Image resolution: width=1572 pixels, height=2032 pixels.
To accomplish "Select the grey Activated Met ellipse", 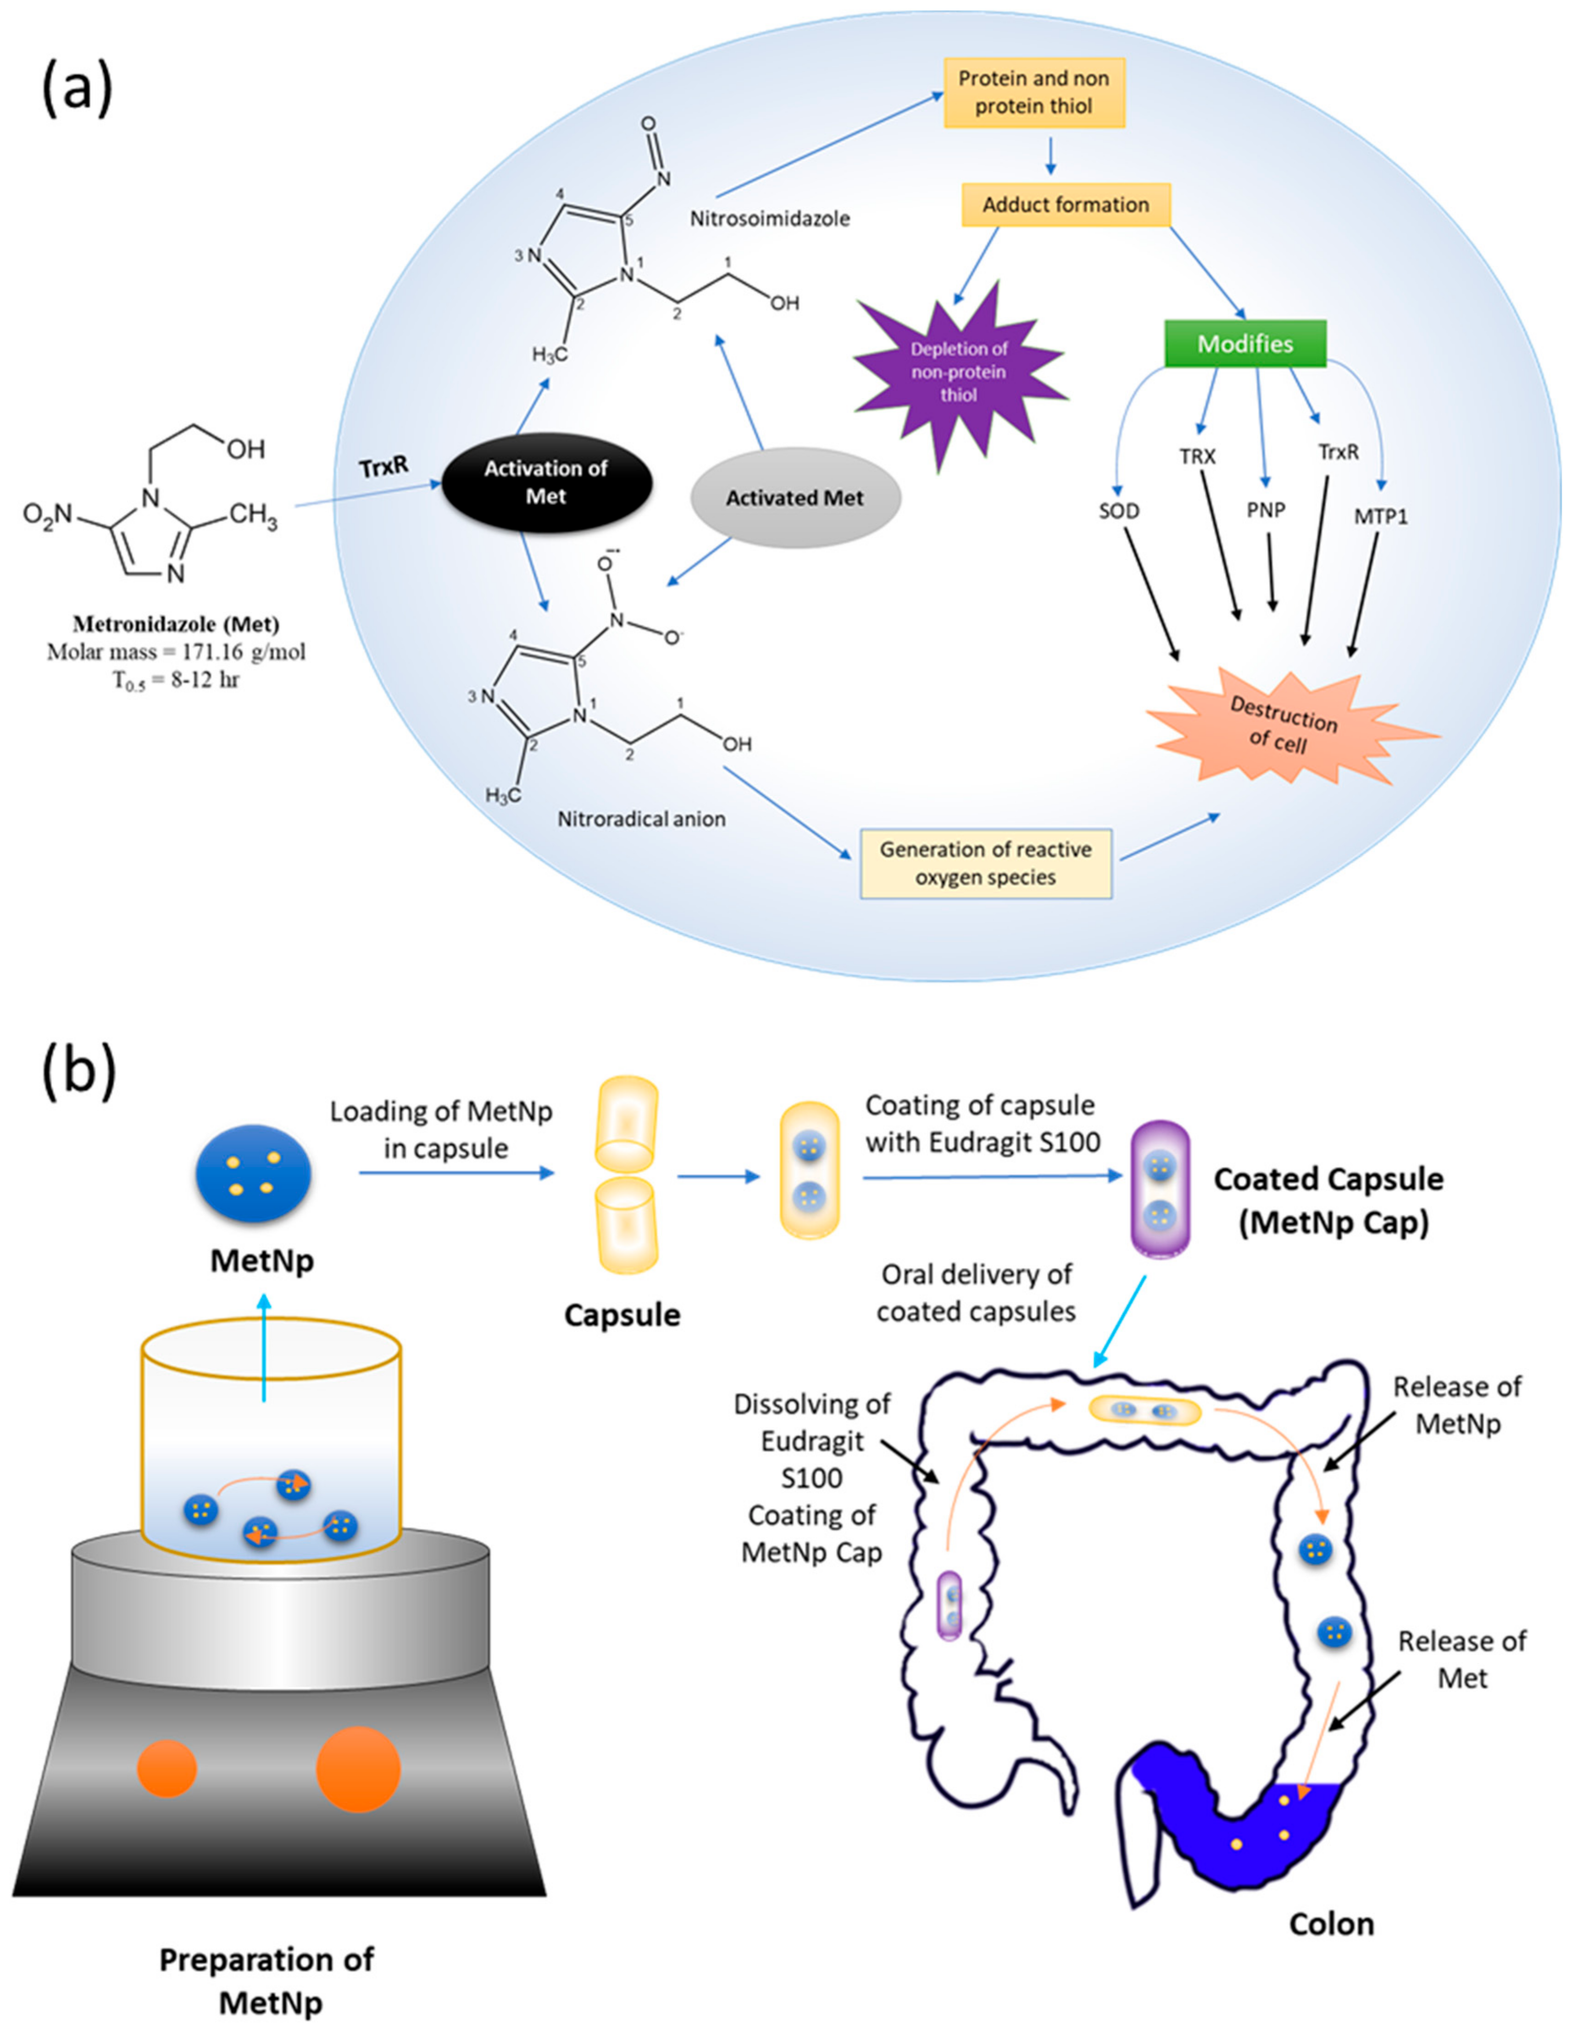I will point(794,498).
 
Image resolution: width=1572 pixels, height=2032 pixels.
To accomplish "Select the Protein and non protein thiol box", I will point(1033,92).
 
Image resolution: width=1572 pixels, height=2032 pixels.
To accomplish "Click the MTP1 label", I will point(1380,516).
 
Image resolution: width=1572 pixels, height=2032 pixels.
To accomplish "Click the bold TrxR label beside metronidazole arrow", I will point(384,465).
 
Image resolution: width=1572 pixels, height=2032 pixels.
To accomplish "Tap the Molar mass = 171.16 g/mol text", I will point(176,651).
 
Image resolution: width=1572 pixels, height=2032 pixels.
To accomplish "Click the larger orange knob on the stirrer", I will point(358,1769).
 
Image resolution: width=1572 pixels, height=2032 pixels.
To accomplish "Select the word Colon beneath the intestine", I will point(1331,1923).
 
